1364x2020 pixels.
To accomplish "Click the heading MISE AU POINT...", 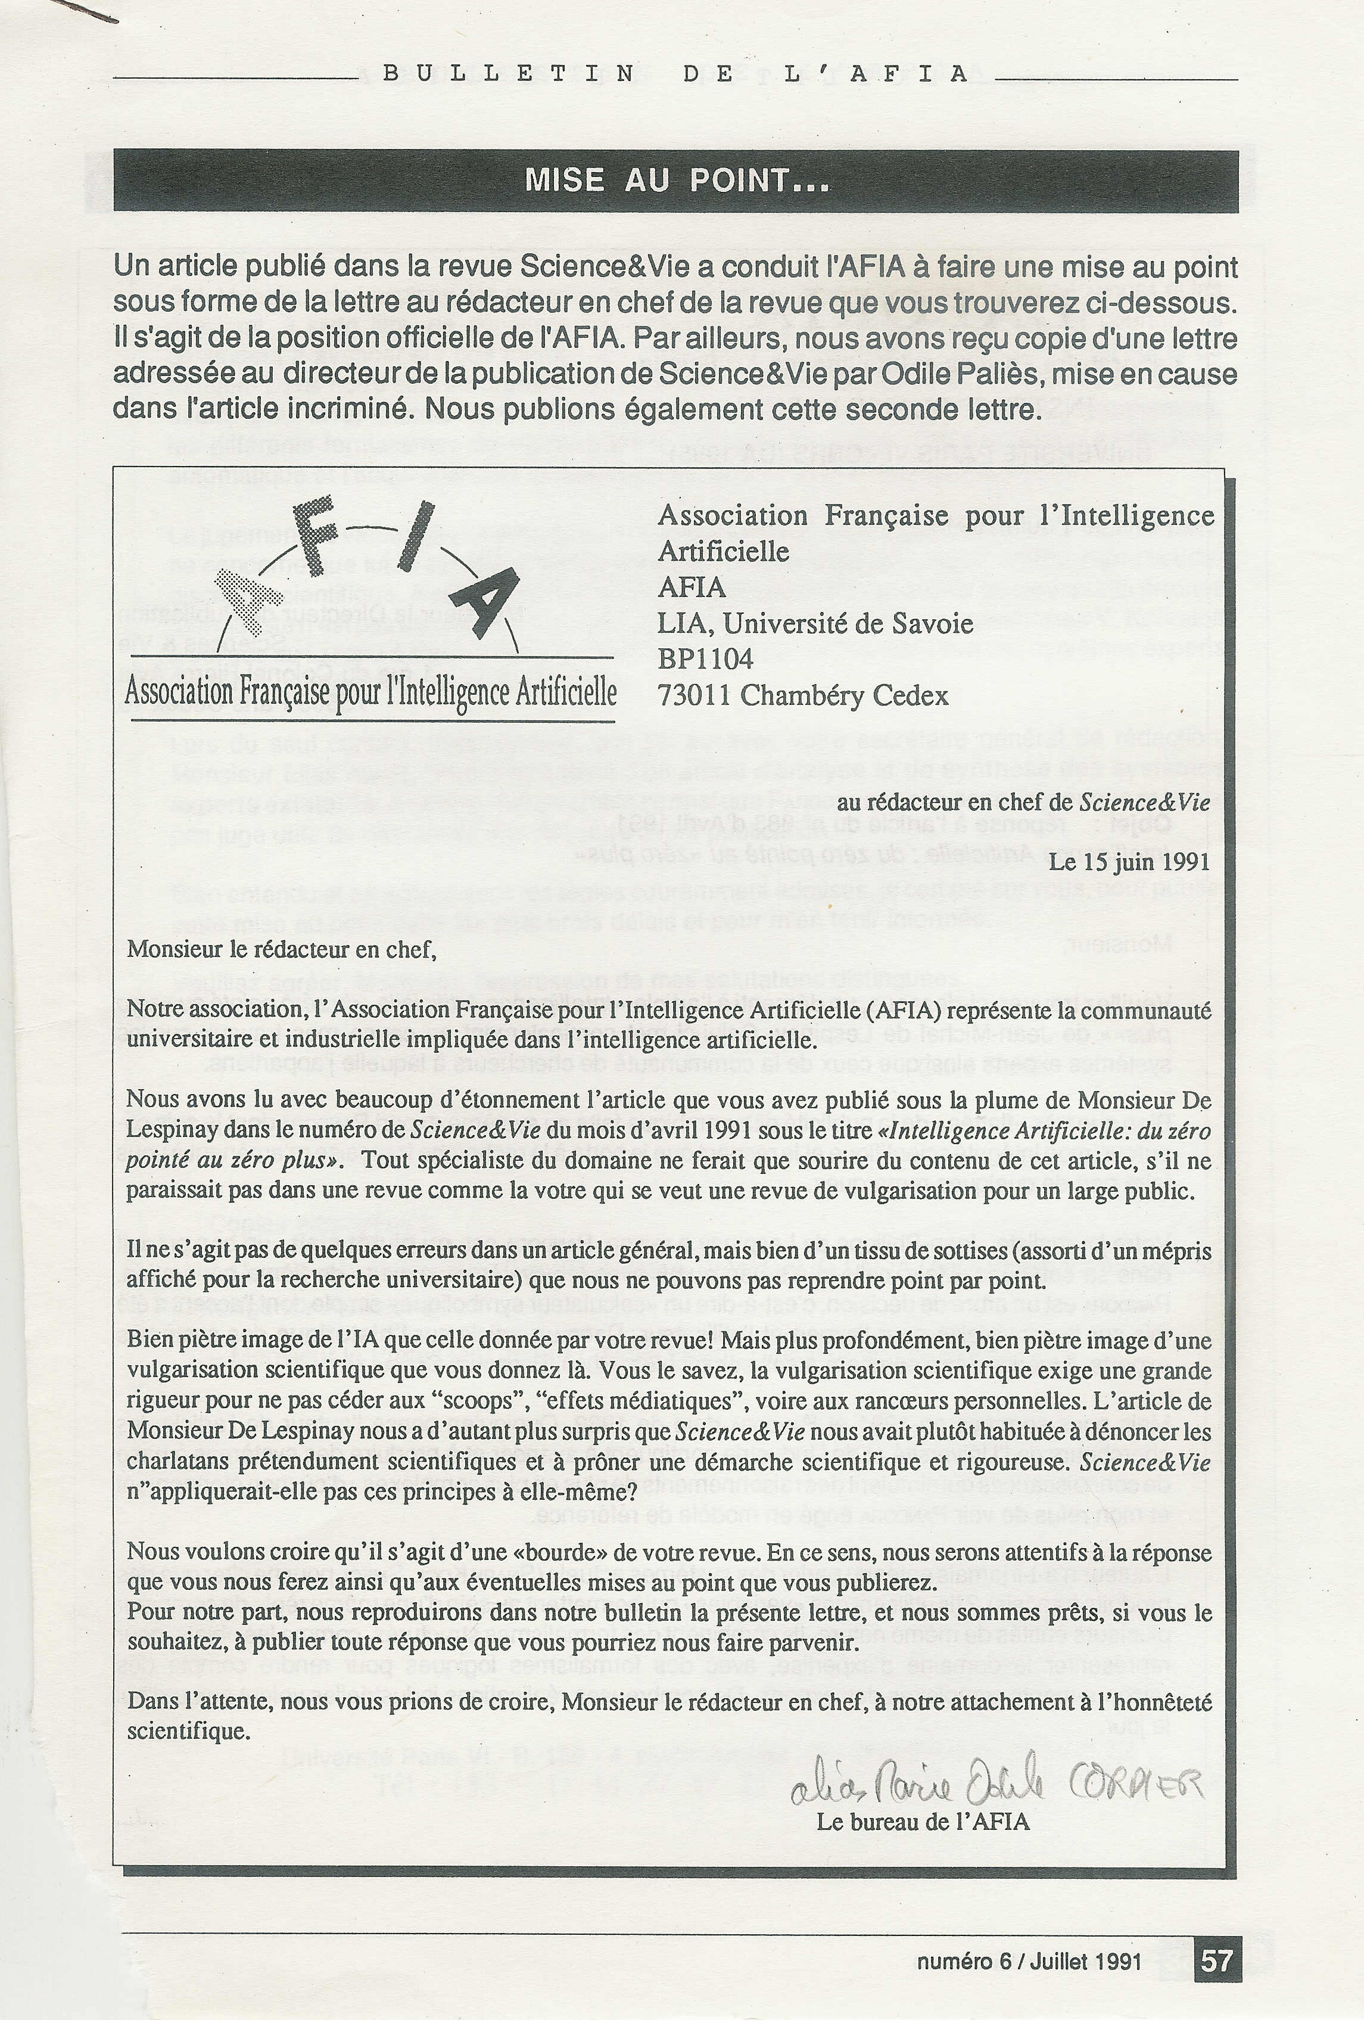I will (x=676, y=181).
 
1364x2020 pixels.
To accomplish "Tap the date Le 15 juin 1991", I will (x=1129, y=862).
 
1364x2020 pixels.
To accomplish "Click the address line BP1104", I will (x=705, y=659).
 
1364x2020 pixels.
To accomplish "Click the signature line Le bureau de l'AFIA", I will (x=923, y=1822).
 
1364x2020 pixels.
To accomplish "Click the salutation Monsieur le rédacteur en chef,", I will (x=281, y=949).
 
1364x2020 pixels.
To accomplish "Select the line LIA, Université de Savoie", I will (x=815, y=623).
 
